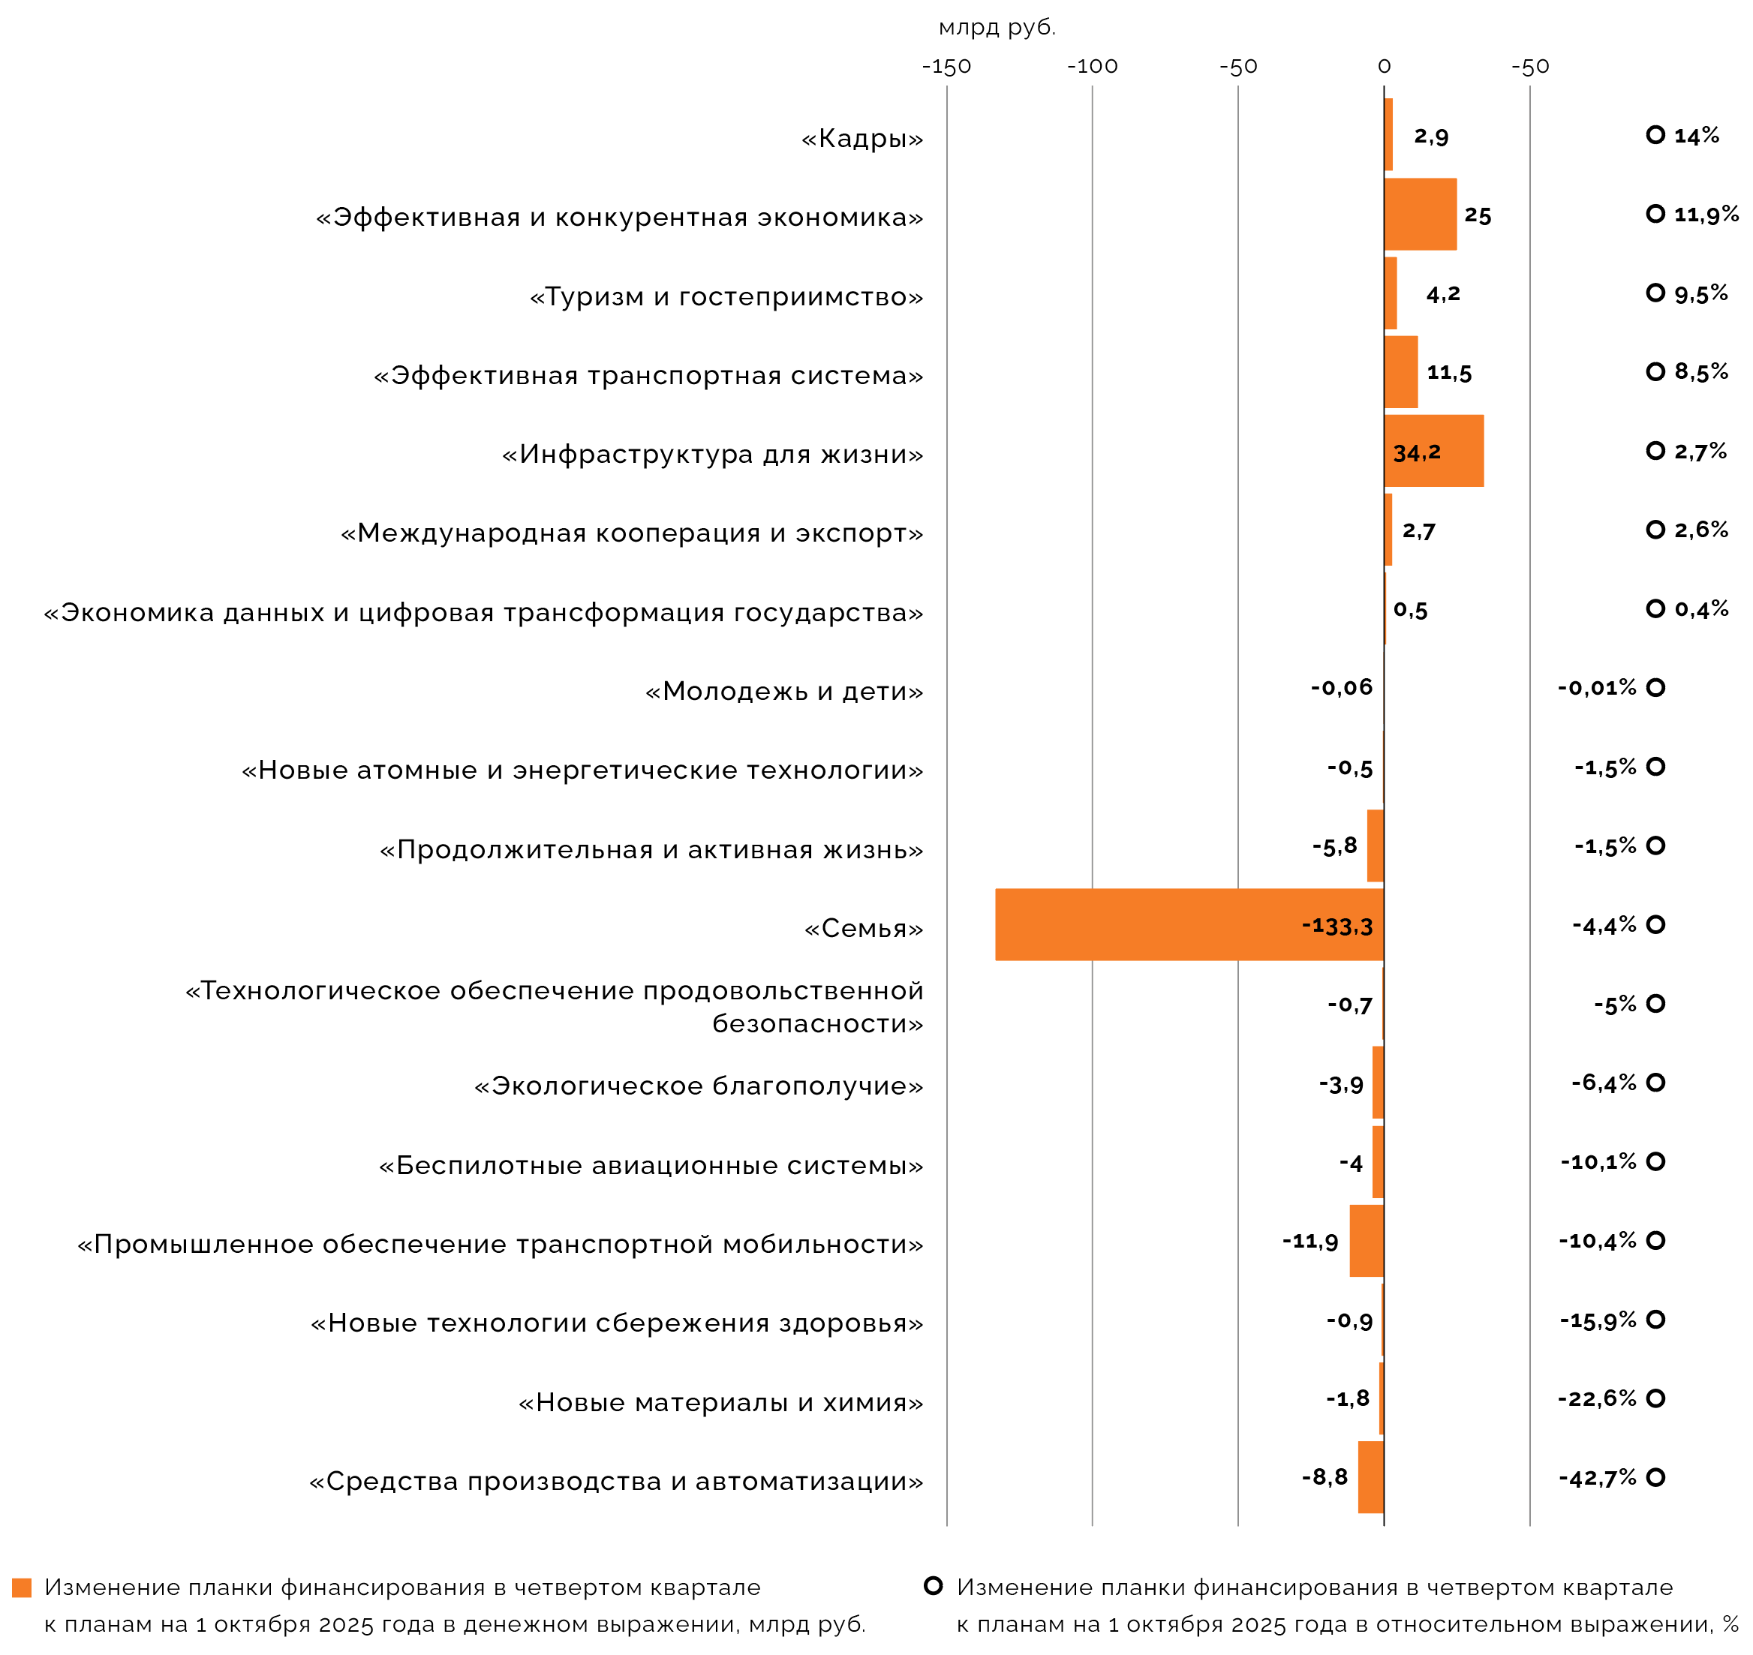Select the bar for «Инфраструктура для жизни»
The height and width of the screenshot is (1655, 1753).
coord(1433,451)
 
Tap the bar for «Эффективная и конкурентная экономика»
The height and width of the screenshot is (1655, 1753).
coord(1420,215)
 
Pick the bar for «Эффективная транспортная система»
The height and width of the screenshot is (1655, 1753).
coord(1400,371)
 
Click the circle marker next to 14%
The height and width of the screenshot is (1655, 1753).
coord(1655,135)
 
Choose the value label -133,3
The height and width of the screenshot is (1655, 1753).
coord(1337,927)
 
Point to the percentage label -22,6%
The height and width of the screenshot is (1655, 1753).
coord(1597,1398)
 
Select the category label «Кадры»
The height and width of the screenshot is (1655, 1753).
coord(862,139)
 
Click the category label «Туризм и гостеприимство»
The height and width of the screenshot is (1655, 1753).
coord(726,296)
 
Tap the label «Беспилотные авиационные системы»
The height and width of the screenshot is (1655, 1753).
coord(651,1165)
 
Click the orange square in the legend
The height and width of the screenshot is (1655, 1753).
coord(22,1588)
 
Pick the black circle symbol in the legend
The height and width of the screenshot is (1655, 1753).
coord(933,1585)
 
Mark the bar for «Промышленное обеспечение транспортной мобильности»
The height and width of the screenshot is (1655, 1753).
coord(1366,1240)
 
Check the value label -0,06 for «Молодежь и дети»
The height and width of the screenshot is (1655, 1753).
coord(1341,688)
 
